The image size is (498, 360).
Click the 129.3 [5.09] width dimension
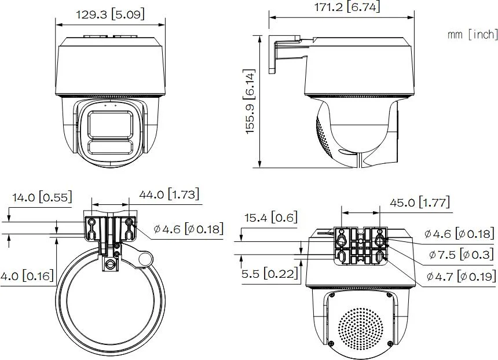[x=110, y=14]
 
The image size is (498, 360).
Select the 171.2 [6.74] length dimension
[x=347, y=7]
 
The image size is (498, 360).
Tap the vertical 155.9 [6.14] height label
[x=251, y=101]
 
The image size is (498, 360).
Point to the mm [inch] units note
[x=473, y=34]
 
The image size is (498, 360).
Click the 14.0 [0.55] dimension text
[x=42, y=197]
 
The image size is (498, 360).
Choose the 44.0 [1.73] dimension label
[x=169, y=194]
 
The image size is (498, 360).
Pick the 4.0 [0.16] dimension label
[x=27, y=275]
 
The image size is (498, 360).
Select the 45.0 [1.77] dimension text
[x=420, y=202]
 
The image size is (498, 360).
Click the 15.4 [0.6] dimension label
[x=271, y=218]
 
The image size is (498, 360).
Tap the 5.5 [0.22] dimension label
[x=270, y=274]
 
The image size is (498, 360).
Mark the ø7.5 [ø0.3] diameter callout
[x=461, y=255]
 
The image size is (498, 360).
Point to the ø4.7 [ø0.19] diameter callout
[x=461, y=277]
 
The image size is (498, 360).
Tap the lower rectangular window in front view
[x=110, y=148]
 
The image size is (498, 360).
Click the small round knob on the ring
[x=145, y=260]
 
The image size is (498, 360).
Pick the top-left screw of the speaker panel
[x=332, y=295]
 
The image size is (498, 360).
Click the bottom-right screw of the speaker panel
[x=389, y=343]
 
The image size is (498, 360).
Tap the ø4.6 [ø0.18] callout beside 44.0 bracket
[x=189, y=229]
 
